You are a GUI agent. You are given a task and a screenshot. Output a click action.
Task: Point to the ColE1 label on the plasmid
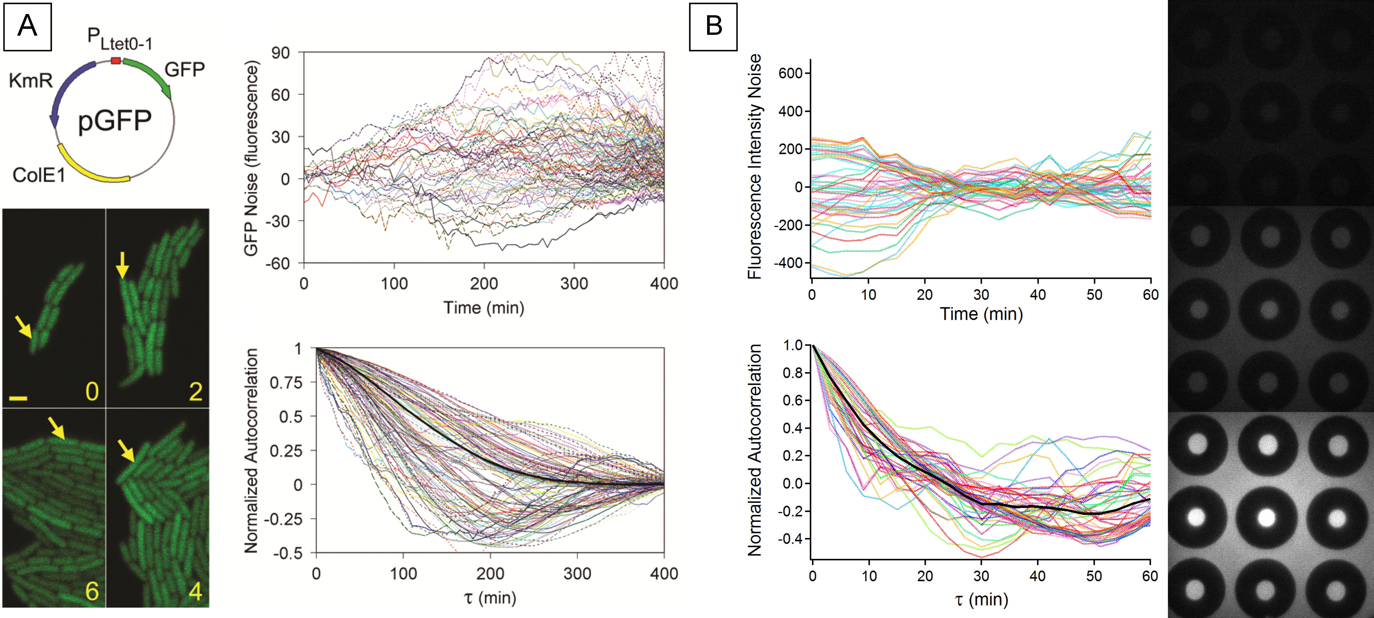38,175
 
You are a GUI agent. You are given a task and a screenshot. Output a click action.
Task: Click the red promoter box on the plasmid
116,61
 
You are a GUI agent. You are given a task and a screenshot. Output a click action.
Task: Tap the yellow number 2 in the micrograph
196,392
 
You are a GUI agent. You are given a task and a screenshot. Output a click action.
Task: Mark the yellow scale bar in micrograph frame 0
18,398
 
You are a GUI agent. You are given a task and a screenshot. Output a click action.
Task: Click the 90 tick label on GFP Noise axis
280,53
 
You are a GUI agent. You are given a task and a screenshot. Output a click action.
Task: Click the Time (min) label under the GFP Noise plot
484,308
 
